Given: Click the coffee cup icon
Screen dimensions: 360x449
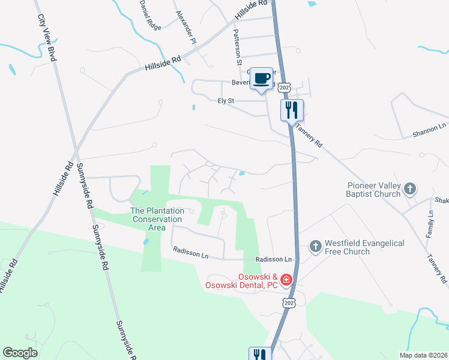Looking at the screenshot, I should (261, 78).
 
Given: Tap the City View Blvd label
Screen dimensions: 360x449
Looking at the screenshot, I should (46, 38).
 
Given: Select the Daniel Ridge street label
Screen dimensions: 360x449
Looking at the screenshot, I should (150, 15).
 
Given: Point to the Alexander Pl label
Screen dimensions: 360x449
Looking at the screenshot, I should (186, 27).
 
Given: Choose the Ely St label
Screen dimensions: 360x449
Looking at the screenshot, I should (225, 101).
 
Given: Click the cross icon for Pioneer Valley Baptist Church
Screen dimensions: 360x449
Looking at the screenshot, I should (410, 190).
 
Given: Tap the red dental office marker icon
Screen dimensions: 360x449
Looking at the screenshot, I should (286, 279).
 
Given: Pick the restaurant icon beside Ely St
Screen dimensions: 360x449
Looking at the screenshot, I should (292, 110).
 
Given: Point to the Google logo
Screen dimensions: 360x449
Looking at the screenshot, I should (20, 353).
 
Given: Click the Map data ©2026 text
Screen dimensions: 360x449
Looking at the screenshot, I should (424, 355).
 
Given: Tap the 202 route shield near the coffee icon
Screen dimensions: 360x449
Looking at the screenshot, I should (285, 88).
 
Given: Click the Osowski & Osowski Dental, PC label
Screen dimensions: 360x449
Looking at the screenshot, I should (243, 280).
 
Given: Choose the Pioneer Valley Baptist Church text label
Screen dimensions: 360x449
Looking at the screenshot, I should (373, 190).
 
